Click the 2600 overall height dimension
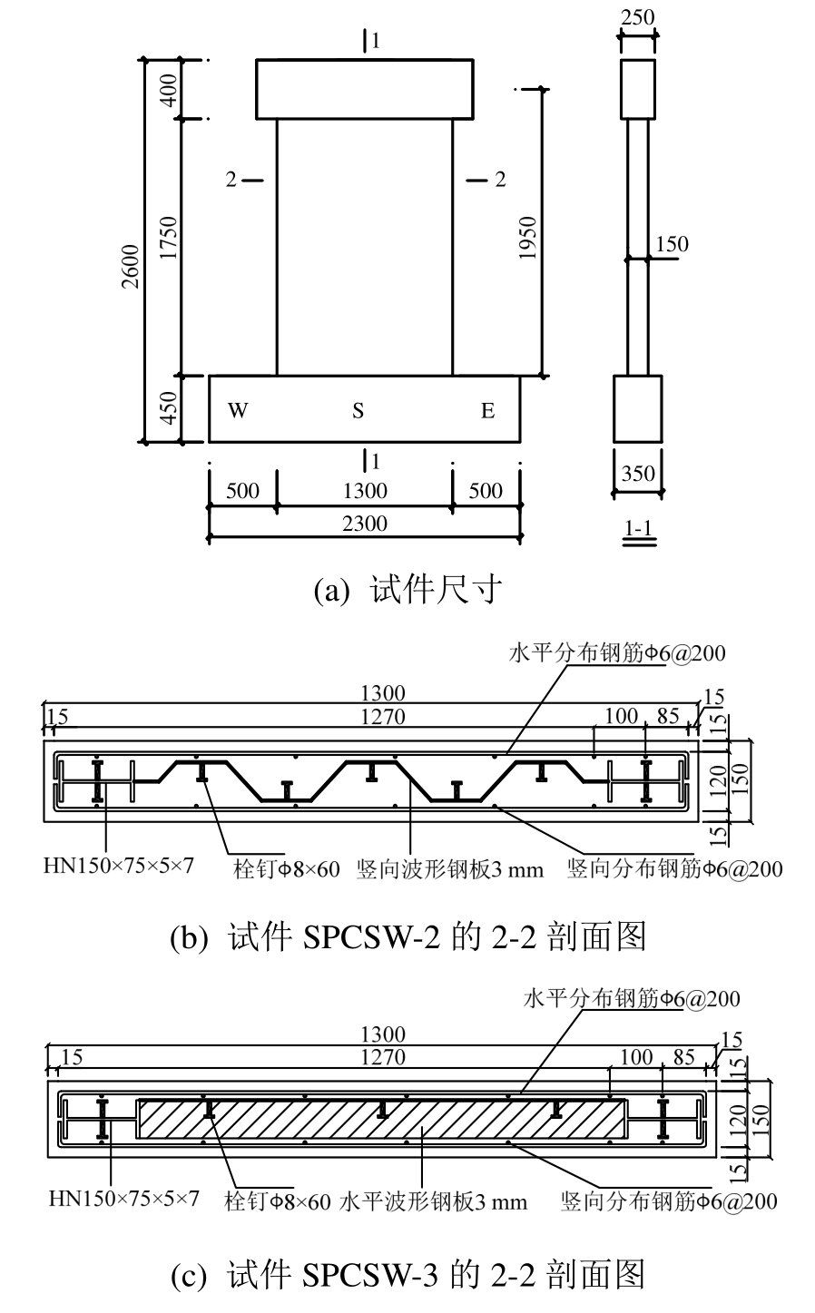coord(133,266)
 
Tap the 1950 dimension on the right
coord(530,238)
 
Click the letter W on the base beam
coord(237,411)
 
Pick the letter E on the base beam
coord(487,411)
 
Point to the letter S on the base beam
coord(358,411)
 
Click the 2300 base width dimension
coord(365,523)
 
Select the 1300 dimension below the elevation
coord(365,491)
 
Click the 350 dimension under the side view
coord(636,473)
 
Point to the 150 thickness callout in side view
coord(673,244)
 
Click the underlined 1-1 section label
coord(636,527)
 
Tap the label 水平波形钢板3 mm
coord(433,1202)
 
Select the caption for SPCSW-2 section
coord(407,936)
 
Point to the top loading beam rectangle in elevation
coord(364,89)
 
